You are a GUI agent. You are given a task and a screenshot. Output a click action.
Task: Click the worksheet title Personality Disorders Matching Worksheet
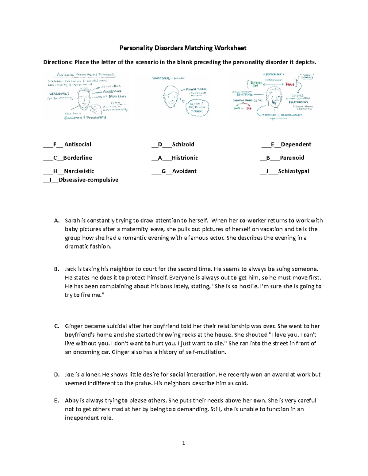[x=183, y=48]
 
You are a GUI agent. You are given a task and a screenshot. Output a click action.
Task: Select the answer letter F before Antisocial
[x=55, y=144]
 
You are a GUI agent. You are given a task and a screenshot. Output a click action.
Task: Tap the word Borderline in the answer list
[x=78, y=158]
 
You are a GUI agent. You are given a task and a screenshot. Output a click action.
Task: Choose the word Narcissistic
[x=79, y=171]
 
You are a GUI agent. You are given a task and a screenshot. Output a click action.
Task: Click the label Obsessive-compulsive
[x=88, y=180]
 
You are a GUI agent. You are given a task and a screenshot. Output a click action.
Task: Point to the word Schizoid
[x=183, y=144]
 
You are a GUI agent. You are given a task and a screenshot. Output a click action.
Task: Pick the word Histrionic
[x=185, y=158]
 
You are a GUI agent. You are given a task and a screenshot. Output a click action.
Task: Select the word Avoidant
[x=184, y=171]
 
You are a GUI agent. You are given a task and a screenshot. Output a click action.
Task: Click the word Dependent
[x=296, y=144]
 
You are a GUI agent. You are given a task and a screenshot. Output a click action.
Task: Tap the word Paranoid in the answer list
[x=292, y=158]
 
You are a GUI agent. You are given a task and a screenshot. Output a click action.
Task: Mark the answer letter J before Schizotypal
[x=267, y=171]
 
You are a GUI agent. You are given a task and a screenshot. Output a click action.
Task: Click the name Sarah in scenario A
[x=72, y=220]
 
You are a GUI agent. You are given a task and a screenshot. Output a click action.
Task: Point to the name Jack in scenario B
[x=70, y=269]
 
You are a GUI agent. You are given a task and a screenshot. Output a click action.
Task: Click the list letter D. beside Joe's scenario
[x=56, y=375]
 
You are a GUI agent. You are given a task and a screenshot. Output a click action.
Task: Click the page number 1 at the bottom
[x=183, y=443]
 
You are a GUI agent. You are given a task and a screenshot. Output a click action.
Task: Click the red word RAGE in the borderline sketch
[x=290, y=84]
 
